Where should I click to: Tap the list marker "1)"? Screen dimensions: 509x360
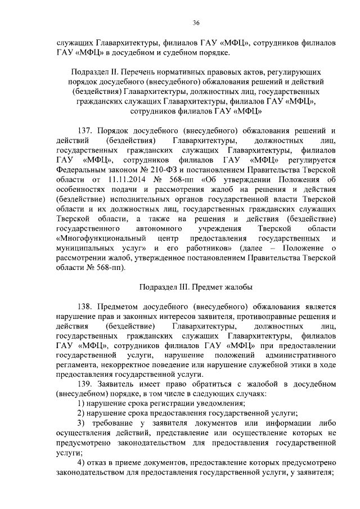pyautogui.click(x=81, y=403)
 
